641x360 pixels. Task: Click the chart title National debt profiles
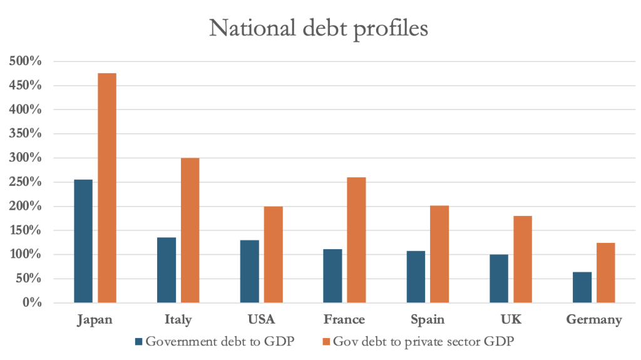coord(319,28)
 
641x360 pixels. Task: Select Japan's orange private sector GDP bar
coord(106,188)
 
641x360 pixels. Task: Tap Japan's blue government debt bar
coord(83,241)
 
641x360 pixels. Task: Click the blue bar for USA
coord(250,271)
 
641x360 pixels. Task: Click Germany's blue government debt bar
coord(582,287)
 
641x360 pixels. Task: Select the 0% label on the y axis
coord(33,303)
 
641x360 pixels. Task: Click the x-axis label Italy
coord(178,320)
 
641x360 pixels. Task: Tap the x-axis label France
coord(344,320)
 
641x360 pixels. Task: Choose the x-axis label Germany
coord(594,320)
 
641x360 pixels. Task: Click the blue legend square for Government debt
coord(139,342)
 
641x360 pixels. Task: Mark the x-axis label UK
coord(511,320)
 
